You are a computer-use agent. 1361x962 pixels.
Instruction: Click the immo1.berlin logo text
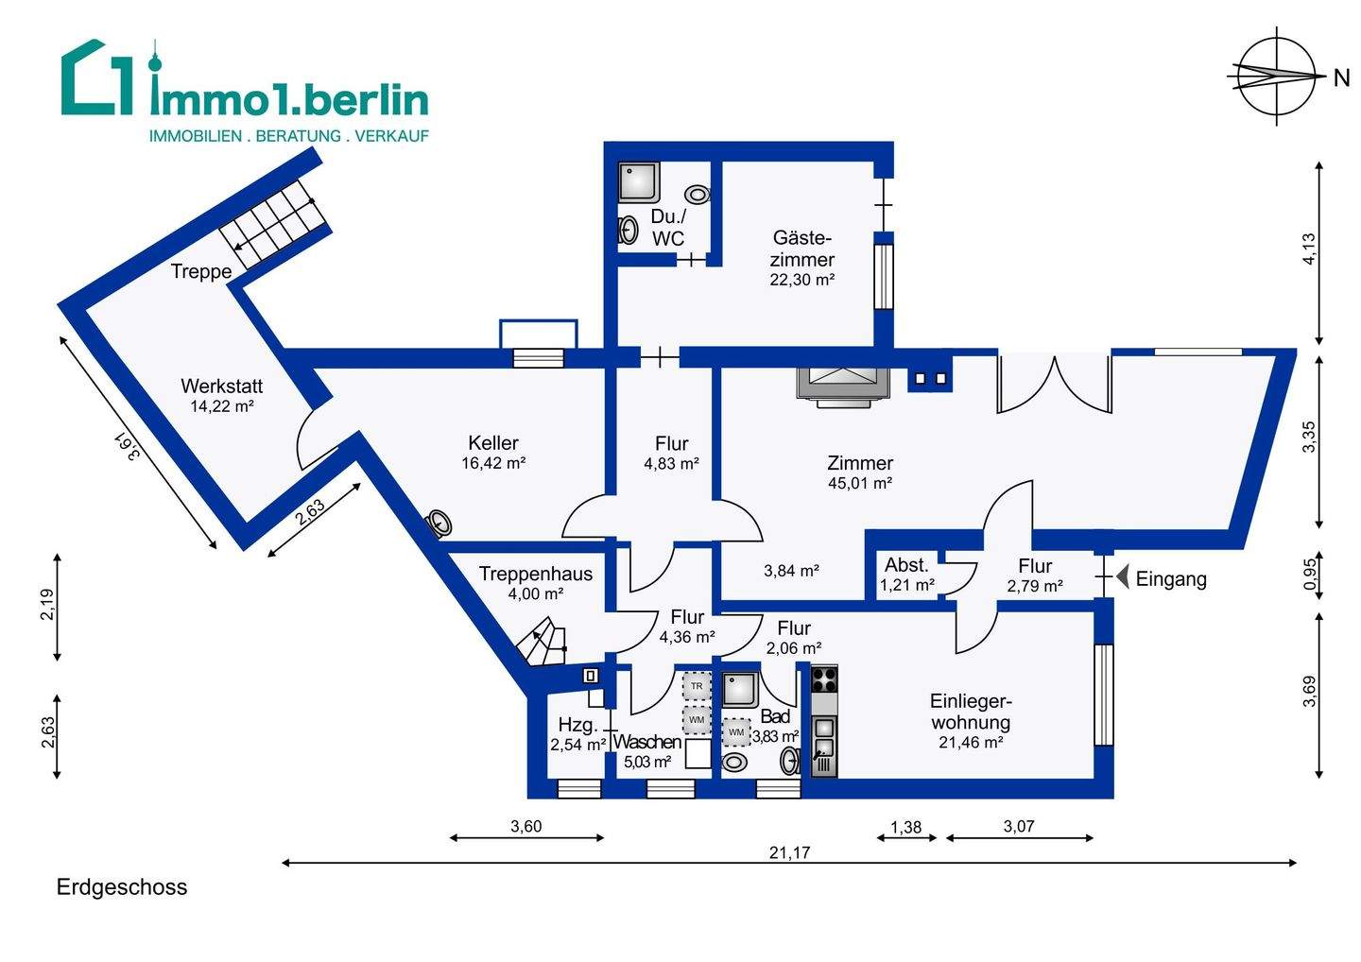point(289,97)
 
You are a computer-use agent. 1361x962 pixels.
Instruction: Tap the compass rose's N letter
point(1341,79)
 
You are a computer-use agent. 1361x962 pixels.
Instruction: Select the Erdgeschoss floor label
point(122,887)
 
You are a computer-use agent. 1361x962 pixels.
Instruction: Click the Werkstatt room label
point(221,386)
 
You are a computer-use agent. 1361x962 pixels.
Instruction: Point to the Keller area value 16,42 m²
point(493,463)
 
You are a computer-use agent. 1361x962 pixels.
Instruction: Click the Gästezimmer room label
point(802,248)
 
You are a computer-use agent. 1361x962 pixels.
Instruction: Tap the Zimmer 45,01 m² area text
point(860,483)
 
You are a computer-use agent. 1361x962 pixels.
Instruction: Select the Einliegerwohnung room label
point(971,712)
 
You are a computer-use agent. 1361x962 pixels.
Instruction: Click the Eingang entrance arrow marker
point(1121,576)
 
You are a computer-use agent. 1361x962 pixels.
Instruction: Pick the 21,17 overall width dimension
point(789,852)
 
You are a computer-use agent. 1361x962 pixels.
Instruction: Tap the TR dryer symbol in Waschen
point(697,685)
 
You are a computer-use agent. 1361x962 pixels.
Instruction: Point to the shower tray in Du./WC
point(640,182)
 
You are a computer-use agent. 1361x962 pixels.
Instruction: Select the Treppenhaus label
point(535,574)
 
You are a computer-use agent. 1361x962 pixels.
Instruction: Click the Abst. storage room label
point(906,565)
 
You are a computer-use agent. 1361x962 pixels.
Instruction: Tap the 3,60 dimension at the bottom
point(525,827)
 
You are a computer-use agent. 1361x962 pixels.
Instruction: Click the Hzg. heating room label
point(577,725)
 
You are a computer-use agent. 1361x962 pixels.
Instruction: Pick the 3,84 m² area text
point(791,571)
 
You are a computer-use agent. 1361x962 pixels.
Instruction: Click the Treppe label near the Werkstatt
point(201,272)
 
